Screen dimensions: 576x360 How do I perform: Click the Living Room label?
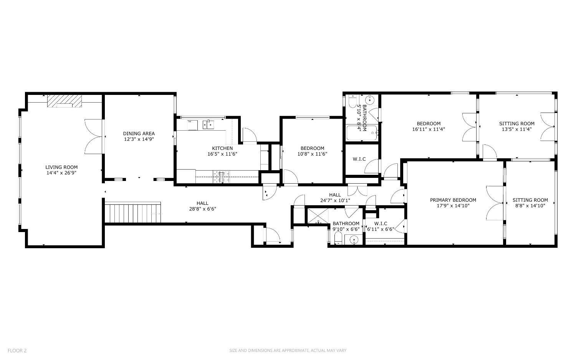(61, 167)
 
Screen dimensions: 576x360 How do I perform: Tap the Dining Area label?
(139, 134)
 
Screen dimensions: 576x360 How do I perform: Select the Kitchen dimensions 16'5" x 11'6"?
(222, 154)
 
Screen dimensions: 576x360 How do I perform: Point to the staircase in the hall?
(133, 213)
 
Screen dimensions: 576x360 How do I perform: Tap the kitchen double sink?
(208, 125)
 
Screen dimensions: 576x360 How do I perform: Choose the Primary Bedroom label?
(453, 200)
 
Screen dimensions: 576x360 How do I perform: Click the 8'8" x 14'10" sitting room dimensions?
(530, 206)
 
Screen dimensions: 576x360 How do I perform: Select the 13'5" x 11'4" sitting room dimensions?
(517, 129)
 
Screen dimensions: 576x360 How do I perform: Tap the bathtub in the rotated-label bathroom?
(362, 133)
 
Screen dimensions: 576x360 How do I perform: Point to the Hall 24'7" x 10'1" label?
(335, 197)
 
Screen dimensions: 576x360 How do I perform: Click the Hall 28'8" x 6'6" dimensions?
(203, 209)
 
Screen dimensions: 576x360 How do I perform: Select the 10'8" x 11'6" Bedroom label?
(313, 151)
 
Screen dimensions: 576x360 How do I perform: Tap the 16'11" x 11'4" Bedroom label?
(429, 126)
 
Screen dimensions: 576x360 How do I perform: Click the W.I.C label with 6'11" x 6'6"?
(381, 226)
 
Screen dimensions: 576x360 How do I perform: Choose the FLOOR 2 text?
(17, 350)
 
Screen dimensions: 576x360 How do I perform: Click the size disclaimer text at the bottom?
(288, 350)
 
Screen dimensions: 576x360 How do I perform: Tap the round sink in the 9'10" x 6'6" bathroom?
(354, 240)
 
